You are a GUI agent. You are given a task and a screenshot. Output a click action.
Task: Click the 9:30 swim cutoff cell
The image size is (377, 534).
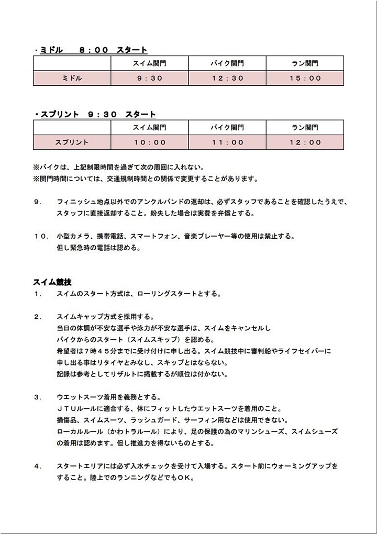pos(150,78)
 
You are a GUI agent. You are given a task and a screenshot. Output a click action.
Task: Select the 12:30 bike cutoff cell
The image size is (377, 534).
pos(227,78)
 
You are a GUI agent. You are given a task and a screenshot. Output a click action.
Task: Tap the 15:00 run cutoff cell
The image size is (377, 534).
pos(305,78)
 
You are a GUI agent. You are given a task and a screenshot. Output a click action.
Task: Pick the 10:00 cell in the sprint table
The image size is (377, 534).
pos(150,142)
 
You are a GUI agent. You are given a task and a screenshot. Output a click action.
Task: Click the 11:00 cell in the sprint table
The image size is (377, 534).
pos(227,142)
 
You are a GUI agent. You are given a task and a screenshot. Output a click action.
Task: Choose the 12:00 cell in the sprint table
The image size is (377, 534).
pos(305,142)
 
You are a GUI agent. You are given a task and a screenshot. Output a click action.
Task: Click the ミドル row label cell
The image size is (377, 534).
pos(72,78)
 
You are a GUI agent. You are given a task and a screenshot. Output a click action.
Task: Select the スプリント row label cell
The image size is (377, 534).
pos(72,142)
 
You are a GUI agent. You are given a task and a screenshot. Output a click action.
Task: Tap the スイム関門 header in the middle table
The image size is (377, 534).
pos(150,63)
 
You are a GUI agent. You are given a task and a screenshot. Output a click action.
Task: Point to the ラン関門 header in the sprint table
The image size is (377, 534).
pos(305,127)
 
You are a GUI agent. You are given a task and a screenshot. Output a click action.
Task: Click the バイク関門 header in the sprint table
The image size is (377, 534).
pos(227,127)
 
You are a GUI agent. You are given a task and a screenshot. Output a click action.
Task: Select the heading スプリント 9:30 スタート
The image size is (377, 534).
pos(97,114)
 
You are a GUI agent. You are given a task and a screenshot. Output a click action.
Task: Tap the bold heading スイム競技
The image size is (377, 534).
pos(52,282)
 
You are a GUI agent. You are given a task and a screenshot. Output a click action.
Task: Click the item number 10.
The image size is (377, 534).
pos(41,236)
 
